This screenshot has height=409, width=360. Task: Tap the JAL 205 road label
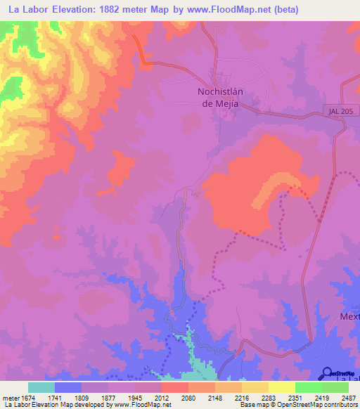(340, 111)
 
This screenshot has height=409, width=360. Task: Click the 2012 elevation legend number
(162, 397)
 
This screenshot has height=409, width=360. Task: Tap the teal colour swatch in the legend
(41, 387)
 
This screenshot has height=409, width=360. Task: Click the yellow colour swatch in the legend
(281, 387)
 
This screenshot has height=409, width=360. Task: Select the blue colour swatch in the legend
(68, 387)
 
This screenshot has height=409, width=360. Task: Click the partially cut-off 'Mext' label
(349, 316)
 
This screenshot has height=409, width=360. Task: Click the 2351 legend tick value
(281, 397)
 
